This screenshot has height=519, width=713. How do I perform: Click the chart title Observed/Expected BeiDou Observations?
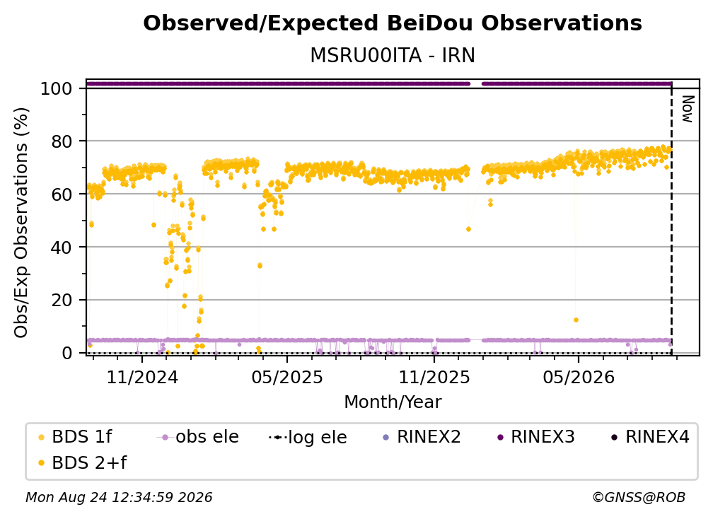393,23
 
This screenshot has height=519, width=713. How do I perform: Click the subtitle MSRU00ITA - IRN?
393,55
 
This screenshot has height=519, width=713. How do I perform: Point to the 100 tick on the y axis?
57,88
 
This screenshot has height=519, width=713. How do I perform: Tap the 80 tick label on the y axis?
62,141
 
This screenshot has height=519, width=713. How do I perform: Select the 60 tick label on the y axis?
62,194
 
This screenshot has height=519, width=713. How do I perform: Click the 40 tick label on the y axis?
62,247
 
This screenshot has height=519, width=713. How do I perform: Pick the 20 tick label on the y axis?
62,300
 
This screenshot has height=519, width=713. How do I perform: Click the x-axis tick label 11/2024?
142,377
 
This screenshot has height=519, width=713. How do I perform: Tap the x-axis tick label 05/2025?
287,377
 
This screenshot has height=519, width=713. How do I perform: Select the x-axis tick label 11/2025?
434,377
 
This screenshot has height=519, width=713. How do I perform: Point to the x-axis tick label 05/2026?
579,377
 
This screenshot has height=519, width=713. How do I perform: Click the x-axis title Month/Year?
393,402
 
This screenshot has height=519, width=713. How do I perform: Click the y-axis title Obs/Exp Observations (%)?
21,223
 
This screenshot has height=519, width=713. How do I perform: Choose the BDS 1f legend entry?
75,437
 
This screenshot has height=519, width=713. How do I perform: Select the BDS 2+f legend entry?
82,462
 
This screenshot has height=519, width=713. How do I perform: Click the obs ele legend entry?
198,437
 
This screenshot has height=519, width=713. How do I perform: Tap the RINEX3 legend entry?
536,437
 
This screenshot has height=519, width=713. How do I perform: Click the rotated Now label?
688,109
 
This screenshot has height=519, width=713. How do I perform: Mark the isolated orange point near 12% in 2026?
576,320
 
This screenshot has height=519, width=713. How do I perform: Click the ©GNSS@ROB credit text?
639,497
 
